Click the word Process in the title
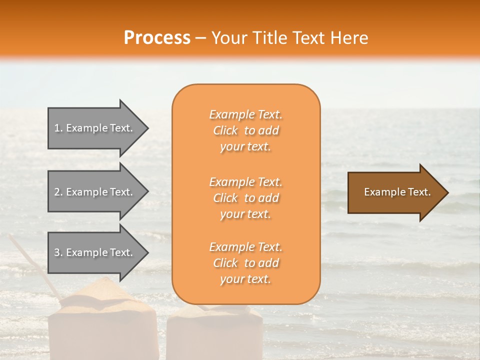(x=157, y=38)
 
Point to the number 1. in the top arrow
(x=58, y=128)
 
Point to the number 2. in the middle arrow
(x=58, y=192)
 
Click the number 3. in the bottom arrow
(x=58, y=252)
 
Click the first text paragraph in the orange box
(x=245, y=130)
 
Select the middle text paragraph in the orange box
(x=245, y=198)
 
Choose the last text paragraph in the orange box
(x=245, y=263)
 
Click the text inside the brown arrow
(x=397, y=192)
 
